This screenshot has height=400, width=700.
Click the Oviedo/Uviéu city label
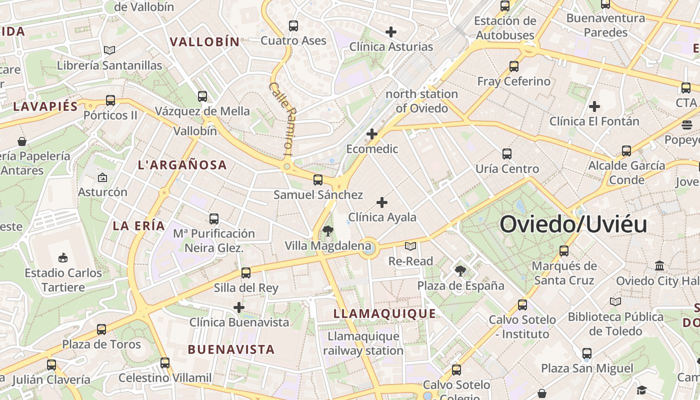point(573,224)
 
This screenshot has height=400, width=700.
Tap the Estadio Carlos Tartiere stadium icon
point(63,258)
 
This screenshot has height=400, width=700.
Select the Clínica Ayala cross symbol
point(382,202)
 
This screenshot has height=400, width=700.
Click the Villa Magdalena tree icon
point(328,230)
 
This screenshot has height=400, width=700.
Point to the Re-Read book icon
point(410,246)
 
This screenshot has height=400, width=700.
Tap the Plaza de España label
point(460,286)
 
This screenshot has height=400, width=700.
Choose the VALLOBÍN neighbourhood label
point(205,42)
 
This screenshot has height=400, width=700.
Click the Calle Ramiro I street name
point(282,118)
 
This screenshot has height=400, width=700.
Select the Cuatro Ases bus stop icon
point(293,25)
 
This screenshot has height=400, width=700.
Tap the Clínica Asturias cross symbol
point(391,32)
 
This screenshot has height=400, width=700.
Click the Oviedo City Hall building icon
point(659,265)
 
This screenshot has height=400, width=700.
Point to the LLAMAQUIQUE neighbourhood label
point(384,314)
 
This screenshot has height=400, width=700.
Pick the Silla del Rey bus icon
point(245,273)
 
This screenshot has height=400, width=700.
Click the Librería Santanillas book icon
point(109,50)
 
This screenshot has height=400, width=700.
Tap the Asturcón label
point(102,192)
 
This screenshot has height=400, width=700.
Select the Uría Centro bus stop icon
point(507,153)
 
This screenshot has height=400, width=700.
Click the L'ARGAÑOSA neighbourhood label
point(182,165)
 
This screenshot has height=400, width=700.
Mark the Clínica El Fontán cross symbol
point(594,106)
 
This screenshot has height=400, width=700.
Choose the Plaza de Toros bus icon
point(101,329)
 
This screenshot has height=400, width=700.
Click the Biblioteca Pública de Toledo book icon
point(615,301)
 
